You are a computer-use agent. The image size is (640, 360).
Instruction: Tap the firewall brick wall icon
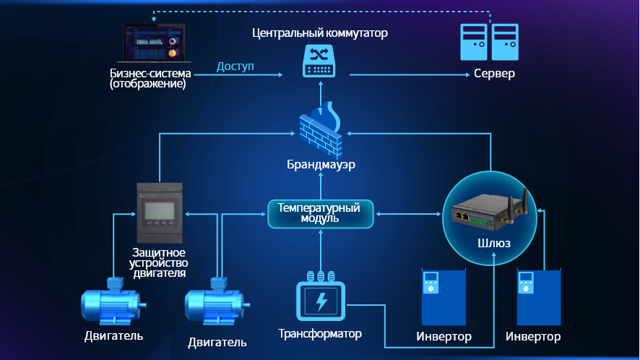[320, 130]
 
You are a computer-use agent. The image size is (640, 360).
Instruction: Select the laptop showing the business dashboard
[153, 46]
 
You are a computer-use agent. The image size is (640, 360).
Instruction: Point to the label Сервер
[494, 74]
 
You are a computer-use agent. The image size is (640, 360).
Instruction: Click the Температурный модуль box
[320, 213]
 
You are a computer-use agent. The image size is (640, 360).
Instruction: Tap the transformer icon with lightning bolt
[321, 300]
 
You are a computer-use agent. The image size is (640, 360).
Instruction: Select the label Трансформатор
[320, 334]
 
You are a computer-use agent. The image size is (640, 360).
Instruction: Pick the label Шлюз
[495, 244]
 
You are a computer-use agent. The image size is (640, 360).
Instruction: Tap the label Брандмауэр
[320, 165]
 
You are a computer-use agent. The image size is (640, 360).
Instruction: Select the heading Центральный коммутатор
[320, 33]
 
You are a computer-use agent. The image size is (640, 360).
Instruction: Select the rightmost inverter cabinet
[538, 299]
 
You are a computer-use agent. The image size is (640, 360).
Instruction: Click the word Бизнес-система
[150, 73]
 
